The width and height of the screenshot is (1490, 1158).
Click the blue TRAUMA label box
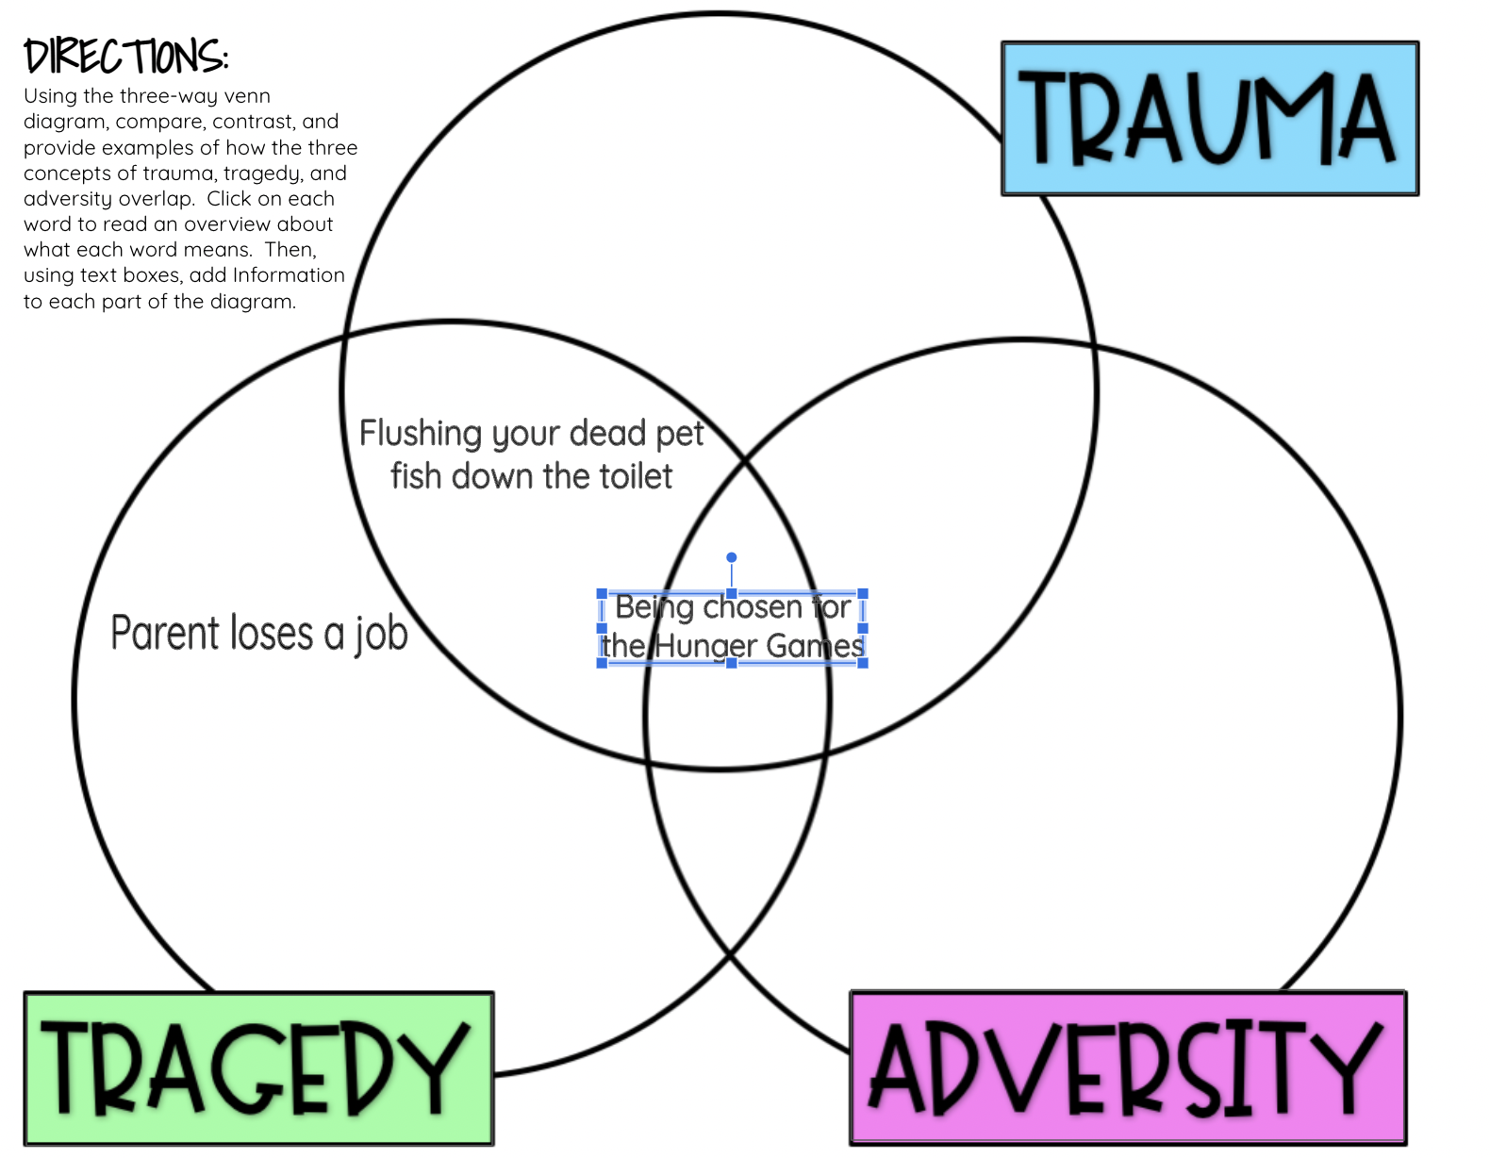pos(1210,119)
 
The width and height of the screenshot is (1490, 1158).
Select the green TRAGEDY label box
pos(258,1068)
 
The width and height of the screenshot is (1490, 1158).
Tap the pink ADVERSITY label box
pos(1128,1068)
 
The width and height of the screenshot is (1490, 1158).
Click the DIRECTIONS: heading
pos(125,57)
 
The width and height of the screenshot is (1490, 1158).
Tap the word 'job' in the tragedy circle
pos(381,635)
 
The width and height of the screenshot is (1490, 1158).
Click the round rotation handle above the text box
pos(731,557)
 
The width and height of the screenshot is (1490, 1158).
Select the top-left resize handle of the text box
pos(602,594)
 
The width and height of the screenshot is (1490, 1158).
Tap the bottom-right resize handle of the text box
pos(863,663)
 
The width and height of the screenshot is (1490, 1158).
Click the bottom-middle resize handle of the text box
pos(732,663)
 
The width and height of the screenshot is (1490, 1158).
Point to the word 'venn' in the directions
pos(247,96)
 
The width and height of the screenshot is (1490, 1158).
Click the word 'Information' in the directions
pos(289,275)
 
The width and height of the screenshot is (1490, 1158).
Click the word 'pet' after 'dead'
pos(680,434)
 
